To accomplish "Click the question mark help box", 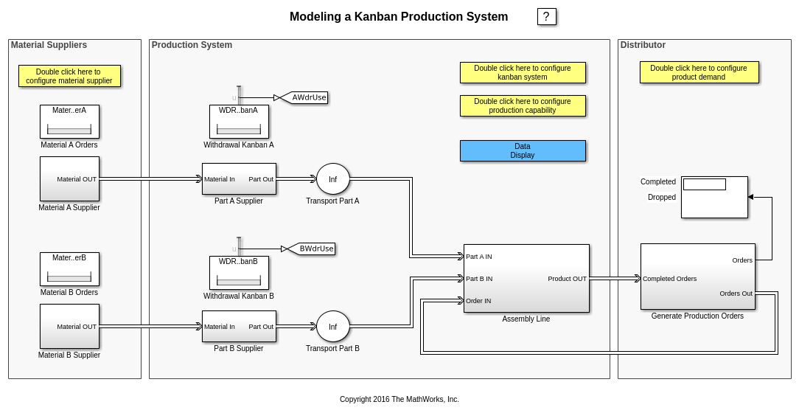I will [x=546, y=17].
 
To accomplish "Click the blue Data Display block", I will [x=523, y=151].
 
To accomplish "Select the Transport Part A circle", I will [x=332, y=179].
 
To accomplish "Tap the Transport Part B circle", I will [x=332, y=327].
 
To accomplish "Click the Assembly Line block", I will [x=526, y=278].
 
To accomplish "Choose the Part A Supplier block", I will [x=239, y=179].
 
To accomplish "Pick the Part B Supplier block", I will [x=239, y=327].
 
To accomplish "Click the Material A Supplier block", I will [x=69, y=178].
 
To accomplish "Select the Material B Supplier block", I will [x=69, y=326].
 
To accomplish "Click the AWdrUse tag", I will [x=308, y=97].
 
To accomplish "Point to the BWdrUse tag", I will [x=315, y=249].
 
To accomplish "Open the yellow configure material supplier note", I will [x=69, y=76].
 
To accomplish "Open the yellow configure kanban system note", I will [x=523, y=72].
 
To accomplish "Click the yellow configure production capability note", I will [x=523, y=105].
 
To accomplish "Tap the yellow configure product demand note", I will [x=699, y=72].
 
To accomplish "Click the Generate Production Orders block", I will [x=697, y=277].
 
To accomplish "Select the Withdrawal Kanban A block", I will [x=239, y=122].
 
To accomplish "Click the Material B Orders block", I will [x=69, y=269].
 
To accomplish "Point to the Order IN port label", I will [x=478, y=301].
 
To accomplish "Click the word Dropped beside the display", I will [x=661, y=197].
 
